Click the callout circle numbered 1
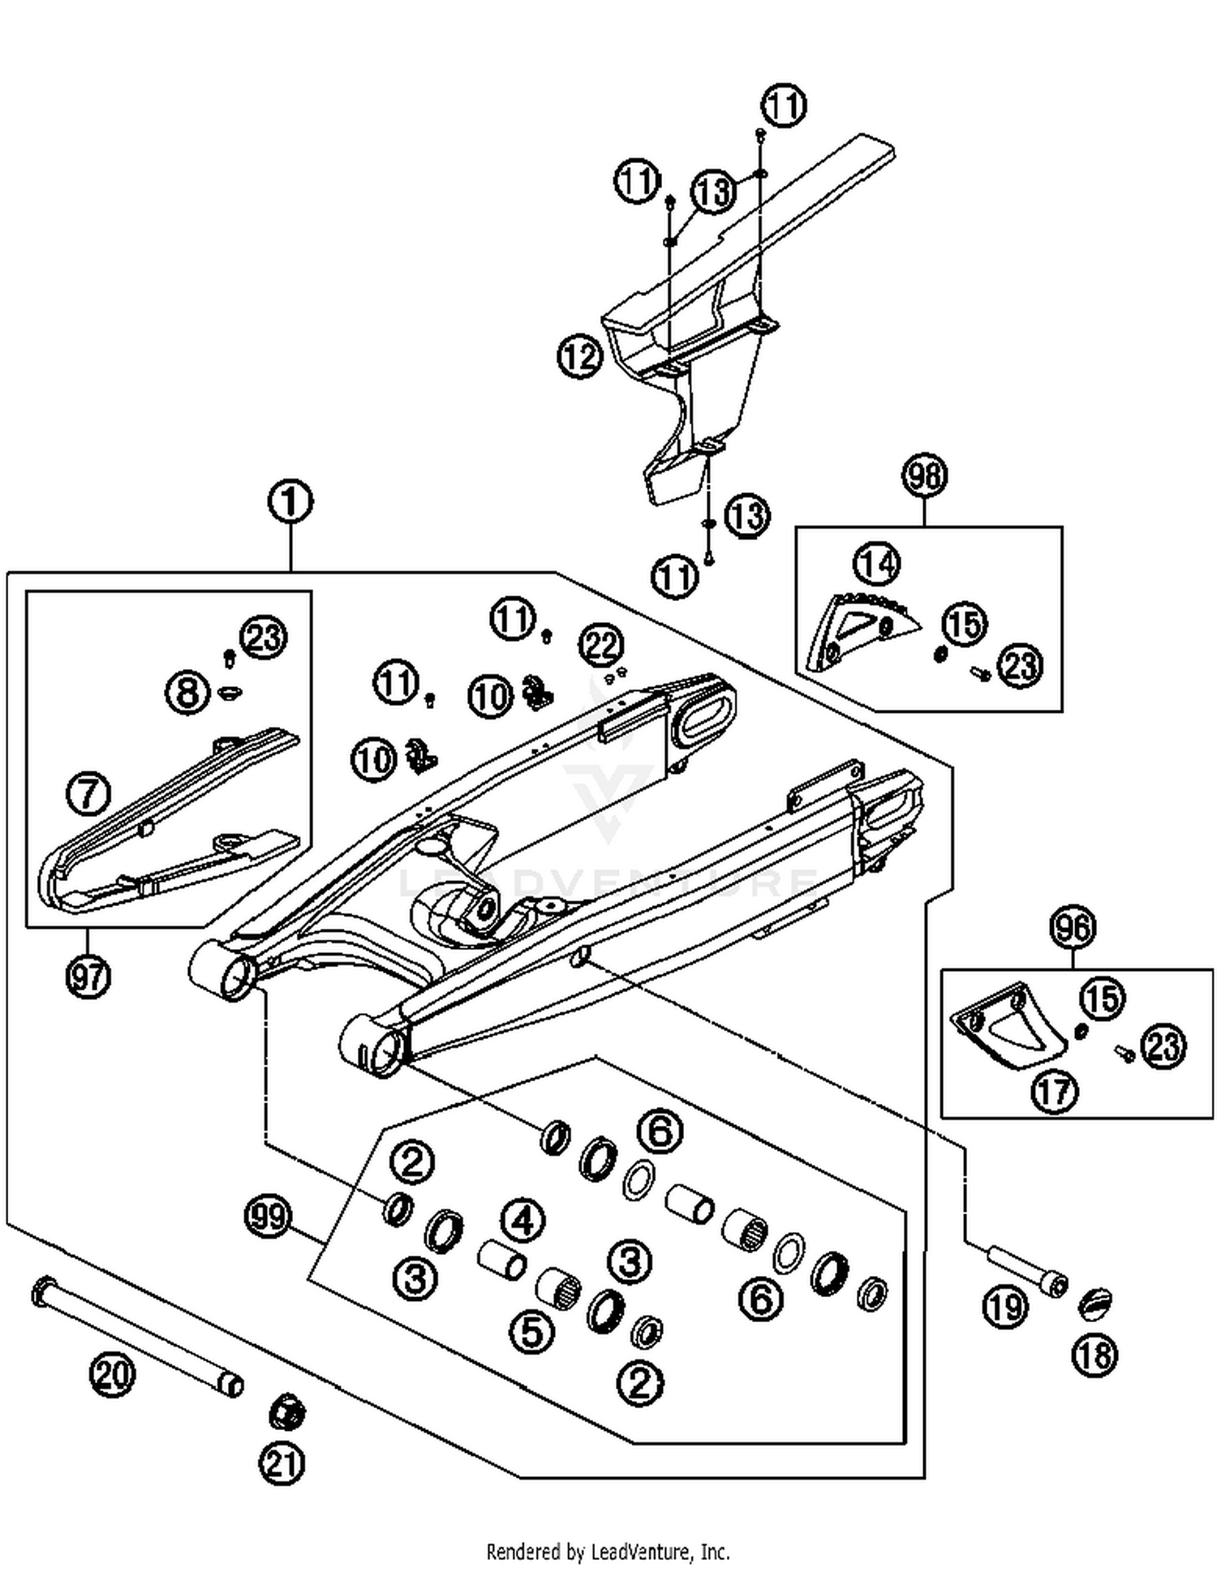(x=290, y=501)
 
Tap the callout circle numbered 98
(x=924, y=475)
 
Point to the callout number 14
(x=876, y=562)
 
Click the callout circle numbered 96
(x=1073, y=926)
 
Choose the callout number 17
(x=1054, y=1091)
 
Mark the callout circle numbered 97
(x=88, y=976)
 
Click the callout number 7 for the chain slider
(x=88, y=792)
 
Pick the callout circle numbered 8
(x=187, y=693)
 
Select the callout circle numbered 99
(x=267, y=1217)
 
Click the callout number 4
(x=522, y=1220)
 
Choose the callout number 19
(x=1004, y=1307)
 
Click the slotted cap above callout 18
(x=1094, y=1304)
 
